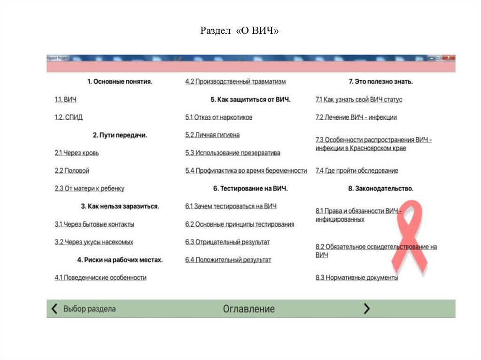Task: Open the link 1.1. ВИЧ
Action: [65, 100]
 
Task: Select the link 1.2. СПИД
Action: [69, 117]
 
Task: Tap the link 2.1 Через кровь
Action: [77, 153]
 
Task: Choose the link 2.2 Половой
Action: [72, 171]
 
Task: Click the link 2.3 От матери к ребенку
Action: [89, 189]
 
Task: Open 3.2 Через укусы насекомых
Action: [94, 242]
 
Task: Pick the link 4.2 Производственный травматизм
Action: [235, 82]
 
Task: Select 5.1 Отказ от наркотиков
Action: [218, 117]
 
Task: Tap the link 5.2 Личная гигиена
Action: [212, 135]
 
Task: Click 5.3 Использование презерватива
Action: [233, 153]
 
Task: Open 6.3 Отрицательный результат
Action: [227, 242]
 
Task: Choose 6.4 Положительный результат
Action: [228, 260]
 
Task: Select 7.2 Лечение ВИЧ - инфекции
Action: [356, 117]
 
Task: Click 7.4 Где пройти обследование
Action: [357, 171]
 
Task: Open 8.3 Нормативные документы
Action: [357, 278]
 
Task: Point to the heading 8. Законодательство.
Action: [380, 189]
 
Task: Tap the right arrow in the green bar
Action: [367, 308]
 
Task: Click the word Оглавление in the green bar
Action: [248, 309]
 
